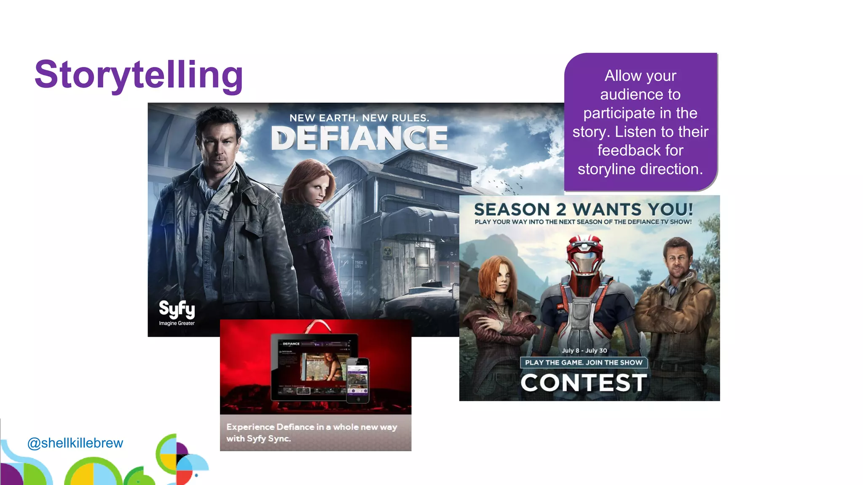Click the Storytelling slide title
(x=139, y=75)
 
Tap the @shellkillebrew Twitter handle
(x=75, y=443)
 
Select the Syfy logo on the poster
(x=177, y=309)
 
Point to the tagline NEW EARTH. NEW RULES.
(x=359, y=118)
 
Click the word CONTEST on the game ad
(x=584, y=383)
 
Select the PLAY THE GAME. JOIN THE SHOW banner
(x=584, y=362)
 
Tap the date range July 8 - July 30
(x=584, y=351)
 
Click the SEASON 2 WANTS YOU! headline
(x=583, y=209)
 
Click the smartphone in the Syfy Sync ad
(x=358, y=380)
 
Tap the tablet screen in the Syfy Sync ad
(x=314, y=366)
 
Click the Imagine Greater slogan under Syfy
(x=177, y=323)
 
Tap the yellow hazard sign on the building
(x=387, y=251)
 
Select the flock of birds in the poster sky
(x=506, y=183)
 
